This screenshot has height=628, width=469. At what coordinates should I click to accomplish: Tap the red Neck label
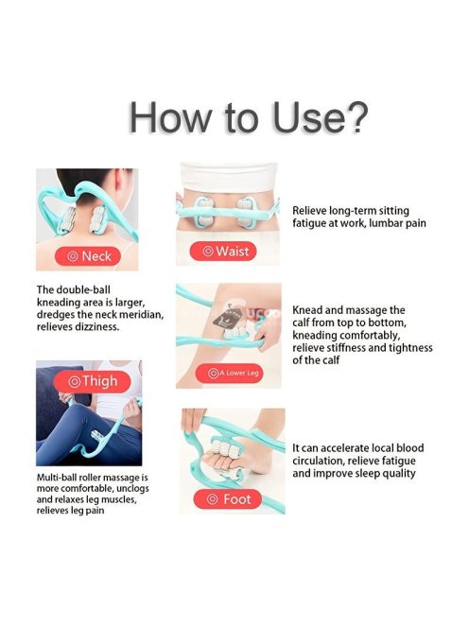[x=88, y=256]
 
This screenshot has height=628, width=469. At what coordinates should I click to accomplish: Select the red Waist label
[x=223, y=252]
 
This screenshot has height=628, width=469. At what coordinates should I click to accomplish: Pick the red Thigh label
[x=93, y=381]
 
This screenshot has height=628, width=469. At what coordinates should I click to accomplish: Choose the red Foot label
[x=228, y=499]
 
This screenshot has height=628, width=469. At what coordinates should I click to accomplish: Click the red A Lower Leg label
[x=230, y=374]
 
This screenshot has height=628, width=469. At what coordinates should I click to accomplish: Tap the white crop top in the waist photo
[x=228, y=177]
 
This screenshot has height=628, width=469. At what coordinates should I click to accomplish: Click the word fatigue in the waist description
[x=309, y=223]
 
